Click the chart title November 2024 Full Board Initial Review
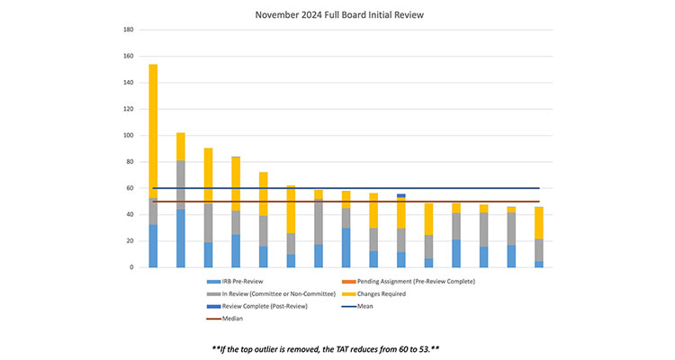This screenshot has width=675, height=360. (x=338, y=14)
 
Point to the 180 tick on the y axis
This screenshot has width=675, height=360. (x=128, y=30)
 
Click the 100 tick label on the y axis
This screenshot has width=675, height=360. (x=128, y=136)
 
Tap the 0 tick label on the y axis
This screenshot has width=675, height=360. (x=131, y=267)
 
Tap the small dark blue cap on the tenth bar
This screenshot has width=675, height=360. (x=400, y=195)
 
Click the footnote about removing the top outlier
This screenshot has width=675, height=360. (x=337, y=346)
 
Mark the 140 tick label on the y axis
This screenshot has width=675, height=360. (x=128, y=83)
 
